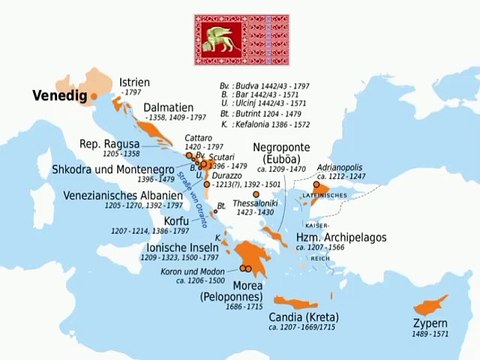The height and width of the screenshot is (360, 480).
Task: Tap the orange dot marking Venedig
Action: click(x=93, y=97)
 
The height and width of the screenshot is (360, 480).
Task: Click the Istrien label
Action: click(x=134, y=81)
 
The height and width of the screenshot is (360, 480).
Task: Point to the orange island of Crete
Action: click(x=300, y=300)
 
